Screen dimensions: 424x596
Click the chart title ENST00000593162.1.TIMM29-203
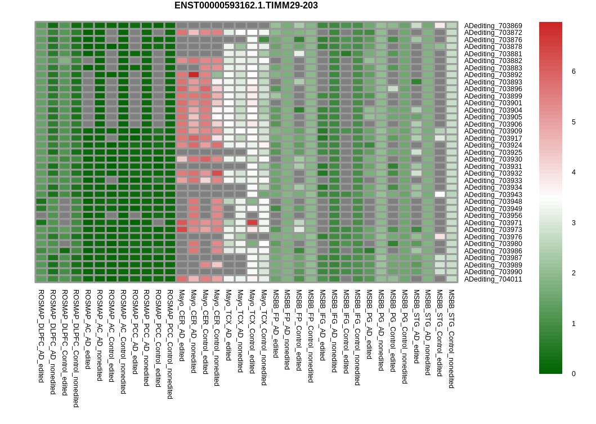(246, 6)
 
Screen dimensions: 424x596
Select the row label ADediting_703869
(493, 26)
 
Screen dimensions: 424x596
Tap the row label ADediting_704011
(493, 279)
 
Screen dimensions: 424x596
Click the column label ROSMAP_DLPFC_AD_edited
(41, 336)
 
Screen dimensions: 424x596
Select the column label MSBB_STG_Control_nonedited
(451, 339)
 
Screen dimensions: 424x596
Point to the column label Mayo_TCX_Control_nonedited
(264, 337)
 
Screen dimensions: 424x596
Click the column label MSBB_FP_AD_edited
(276, 324)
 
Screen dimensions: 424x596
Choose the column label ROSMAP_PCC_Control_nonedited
(170, 344)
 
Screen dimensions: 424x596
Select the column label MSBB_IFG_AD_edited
(322, 325)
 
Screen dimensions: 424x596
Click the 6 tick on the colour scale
(573, 72)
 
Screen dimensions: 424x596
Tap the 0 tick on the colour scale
(573, 374)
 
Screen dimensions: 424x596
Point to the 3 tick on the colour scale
(573, 223)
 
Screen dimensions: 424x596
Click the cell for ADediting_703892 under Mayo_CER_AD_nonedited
(194, 74)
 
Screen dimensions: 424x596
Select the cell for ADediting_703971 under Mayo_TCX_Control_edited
(252, 222)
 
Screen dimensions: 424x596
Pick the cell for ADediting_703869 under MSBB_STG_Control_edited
(440, 25)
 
